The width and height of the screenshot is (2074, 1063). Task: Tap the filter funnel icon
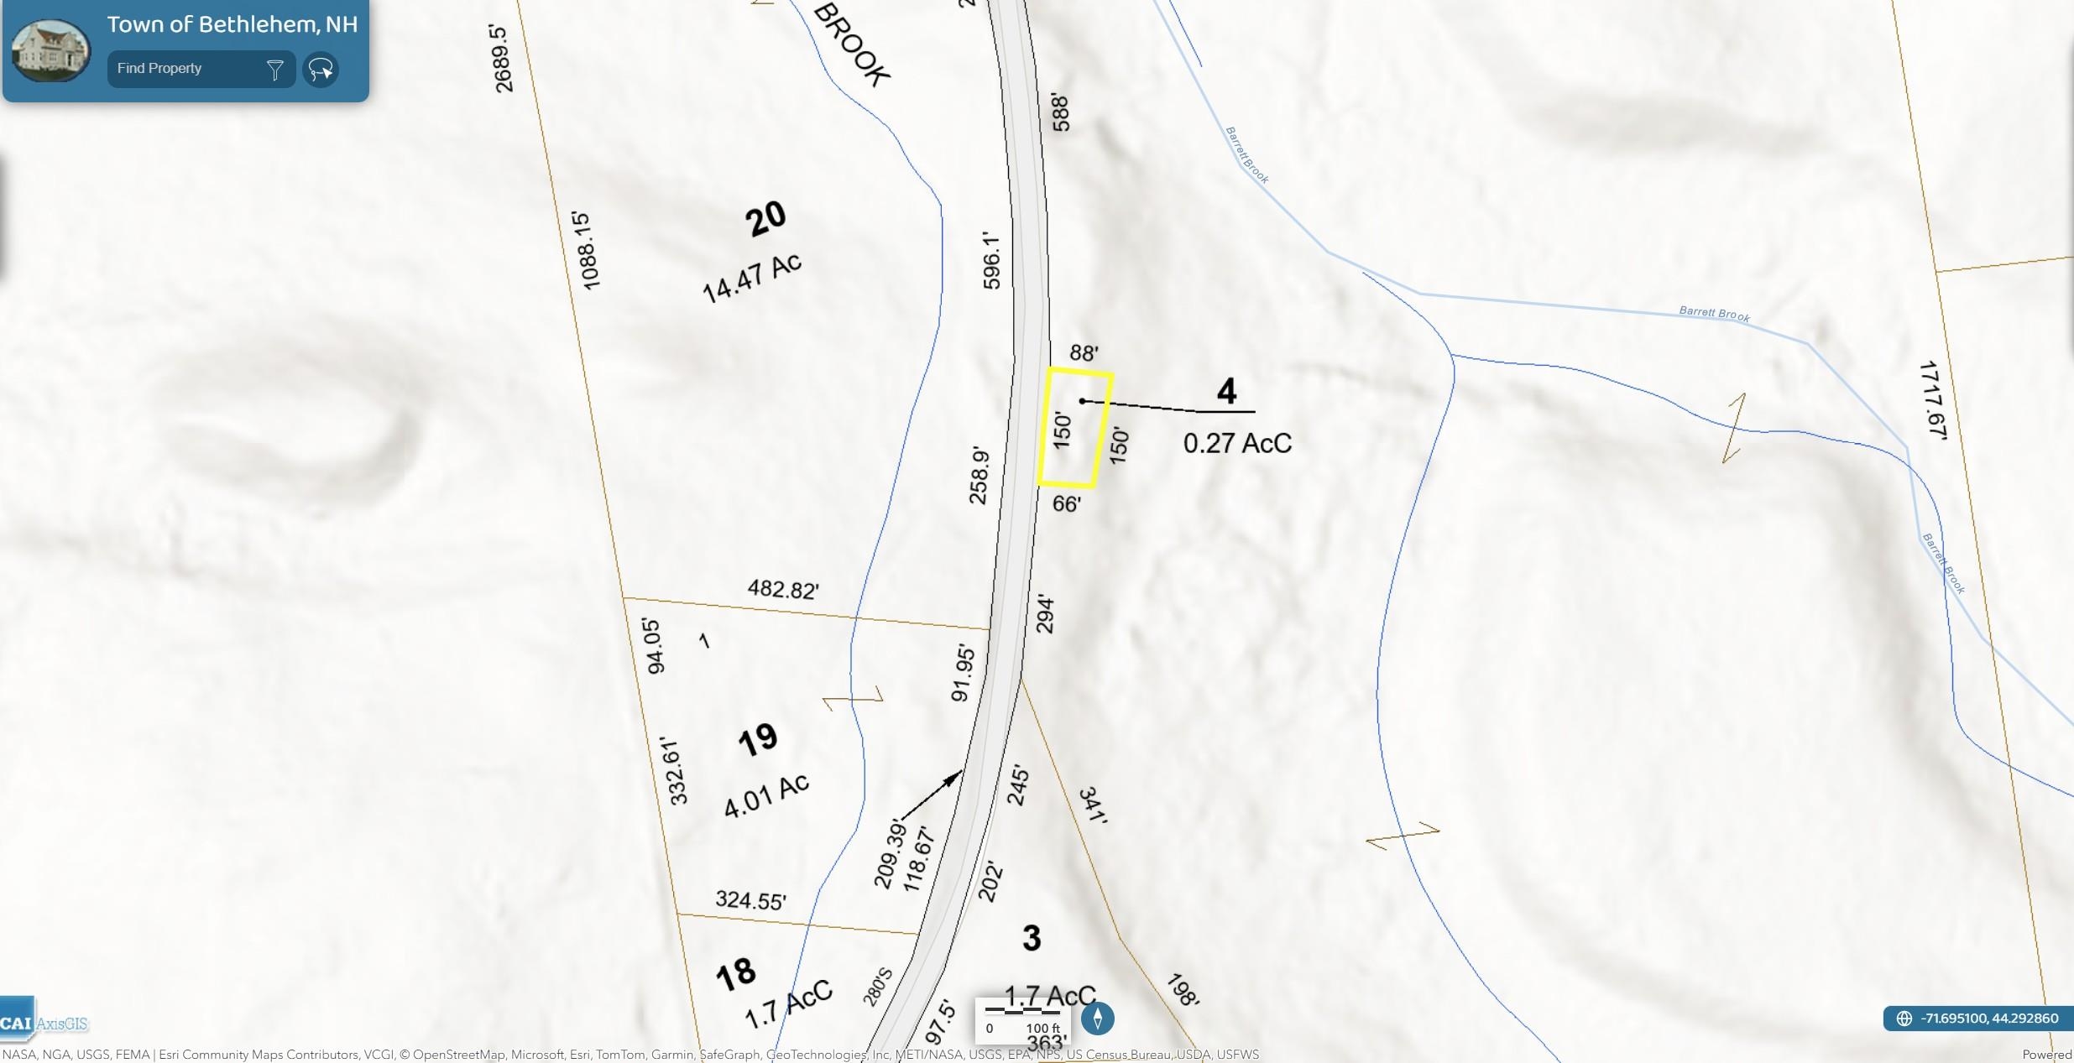tap(274, 70)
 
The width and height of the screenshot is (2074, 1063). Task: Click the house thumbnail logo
tap(50, 50)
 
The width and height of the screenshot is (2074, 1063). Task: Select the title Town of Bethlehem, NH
tap(232, 24)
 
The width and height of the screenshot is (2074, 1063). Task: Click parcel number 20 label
tap(765, 219)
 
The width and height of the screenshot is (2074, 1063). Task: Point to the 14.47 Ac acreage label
tap(752, 277)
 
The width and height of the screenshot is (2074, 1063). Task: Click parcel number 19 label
tap(758, 740)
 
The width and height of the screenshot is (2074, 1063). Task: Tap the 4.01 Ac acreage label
tap(766, 795)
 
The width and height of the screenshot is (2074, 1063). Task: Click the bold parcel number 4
tap(1226, 392)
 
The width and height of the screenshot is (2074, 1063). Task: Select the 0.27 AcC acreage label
tap(1237, 443)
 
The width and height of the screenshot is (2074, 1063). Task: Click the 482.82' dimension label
tap(782, 590)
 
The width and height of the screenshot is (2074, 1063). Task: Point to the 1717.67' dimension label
tap(1932, 400)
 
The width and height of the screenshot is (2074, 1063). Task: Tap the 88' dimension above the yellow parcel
tap(1084, 353)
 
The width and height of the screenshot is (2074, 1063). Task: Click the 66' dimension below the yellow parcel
tap(1066, 503)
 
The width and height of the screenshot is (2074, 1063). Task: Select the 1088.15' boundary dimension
tap(587, 251)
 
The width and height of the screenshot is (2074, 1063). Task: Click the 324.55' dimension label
tap(750, 900)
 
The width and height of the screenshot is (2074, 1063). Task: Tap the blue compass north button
tap(1097, 1018)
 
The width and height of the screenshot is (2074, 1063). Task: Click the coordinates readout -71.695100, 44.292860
tap(1978, 1019)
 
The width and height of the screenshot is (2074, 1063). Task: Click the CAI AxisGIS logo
tap(44, 1023)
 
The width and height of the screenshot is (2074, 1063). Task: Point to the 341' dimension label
tap(1093, 805)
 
